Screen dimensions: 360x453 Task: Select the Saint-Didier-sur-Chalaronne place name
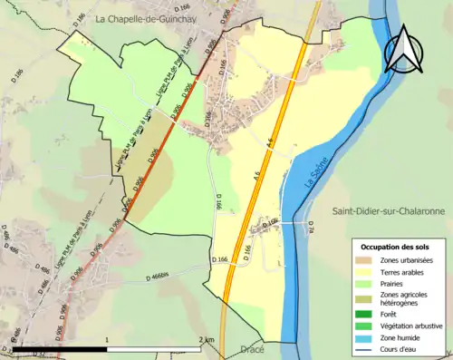click(388, 211)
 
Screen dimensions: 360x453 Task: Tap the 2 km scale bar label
click(207, 339)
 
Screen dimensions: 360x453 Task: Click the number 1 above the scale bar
click(108, 339)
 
